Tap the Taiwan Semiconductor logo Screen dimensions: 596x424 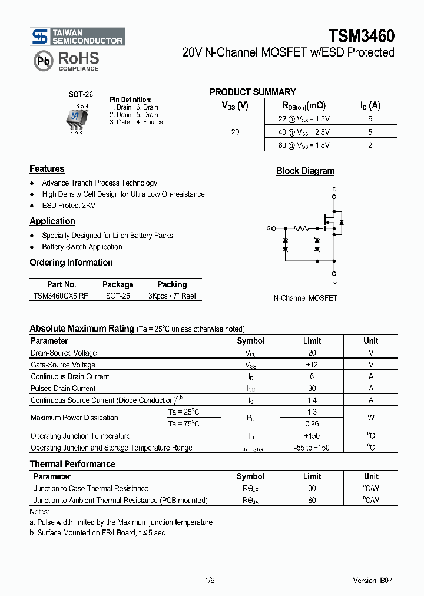click(x=78, y=37)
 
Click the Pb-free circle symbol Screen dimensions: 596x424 click(x=42, y=60)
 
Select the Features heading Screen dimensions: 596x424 click(x=47, y=169)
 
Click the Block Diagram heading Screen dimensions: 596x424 click(x=305, y=171)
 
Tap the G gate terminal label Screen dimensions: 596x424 click(x=269, y=228)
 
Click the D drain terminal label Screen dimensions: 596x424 click(x=334, y=190)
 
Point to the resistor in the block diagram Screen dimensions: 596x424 click(x=301, y=228)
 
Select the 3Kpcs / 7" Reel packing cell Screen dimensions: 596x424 click(x=172, y=296)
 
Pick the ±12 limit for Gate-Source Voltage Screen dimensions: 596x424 click(x=312, y=365)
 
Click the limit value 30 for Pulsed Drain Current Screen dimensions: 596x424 click(x=312, y=388)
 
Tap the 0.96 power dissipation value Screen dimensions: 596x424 click(x=312, y=423)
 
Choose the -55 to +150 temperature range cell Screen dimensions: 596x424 click(x=312, y=448)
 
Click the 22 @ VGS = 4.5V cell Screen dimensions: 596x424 click(x=304, y=118)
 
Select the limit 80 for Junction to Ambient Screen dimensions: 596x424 click(x=312, y=500)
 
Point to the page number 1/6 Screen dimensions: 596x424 click(x=210, y=580)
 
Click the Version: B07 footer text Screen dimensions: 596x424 click(x=373, y=580)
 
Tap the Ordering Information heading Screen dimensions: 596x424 click(x=71, y=263)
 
